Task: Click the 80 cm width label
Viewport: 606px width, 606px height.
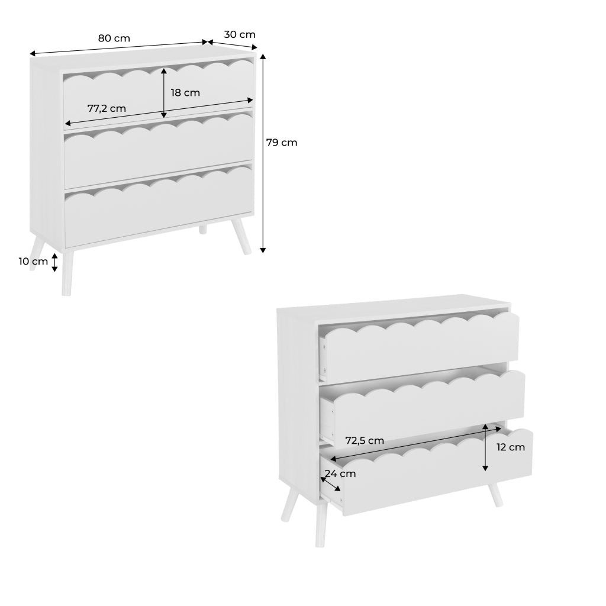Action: pyautogui.click(x=114, y=38)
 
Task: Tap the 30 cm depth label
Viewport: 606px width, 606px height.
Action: pyautogui.click(x=239, y=34)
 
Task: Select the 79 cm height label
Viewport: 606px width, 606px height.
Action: pyautogui.click(x=281, y=143)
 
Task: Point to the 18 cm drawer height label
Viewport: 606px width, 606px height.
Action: pyautogui.click(x=185, y=93)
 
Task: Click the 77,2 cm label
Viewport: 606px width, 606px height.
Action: pyautogui.click(x=107, y=109)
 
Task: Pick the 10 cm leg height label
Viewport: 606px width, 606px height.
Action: pyautogui.click(x=33, y=262)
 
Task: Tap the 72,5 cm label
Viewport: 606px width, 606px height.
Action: pyautogui.click(x=365, y=440)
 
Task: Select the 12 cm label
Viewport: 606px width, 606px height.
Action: pyautogui.click(x=510, y=447)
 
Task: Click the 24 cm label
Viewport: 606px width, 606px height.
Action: pyautogui.click(x=340, y=473)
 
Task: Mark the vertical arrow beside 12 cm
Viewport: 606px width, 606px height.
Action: pyautogui.click(x=485, y=447)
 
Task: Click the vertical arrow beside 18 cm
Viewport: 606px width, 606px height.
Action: pyautogui.click(x=164, y=92)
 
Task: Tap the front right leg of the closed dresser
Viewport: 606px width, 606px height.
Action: pyautogui.click(x=242, y=237)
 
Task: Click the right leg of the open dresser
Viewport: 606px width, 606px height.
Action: pyautogui.click(x=495, y=495)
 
